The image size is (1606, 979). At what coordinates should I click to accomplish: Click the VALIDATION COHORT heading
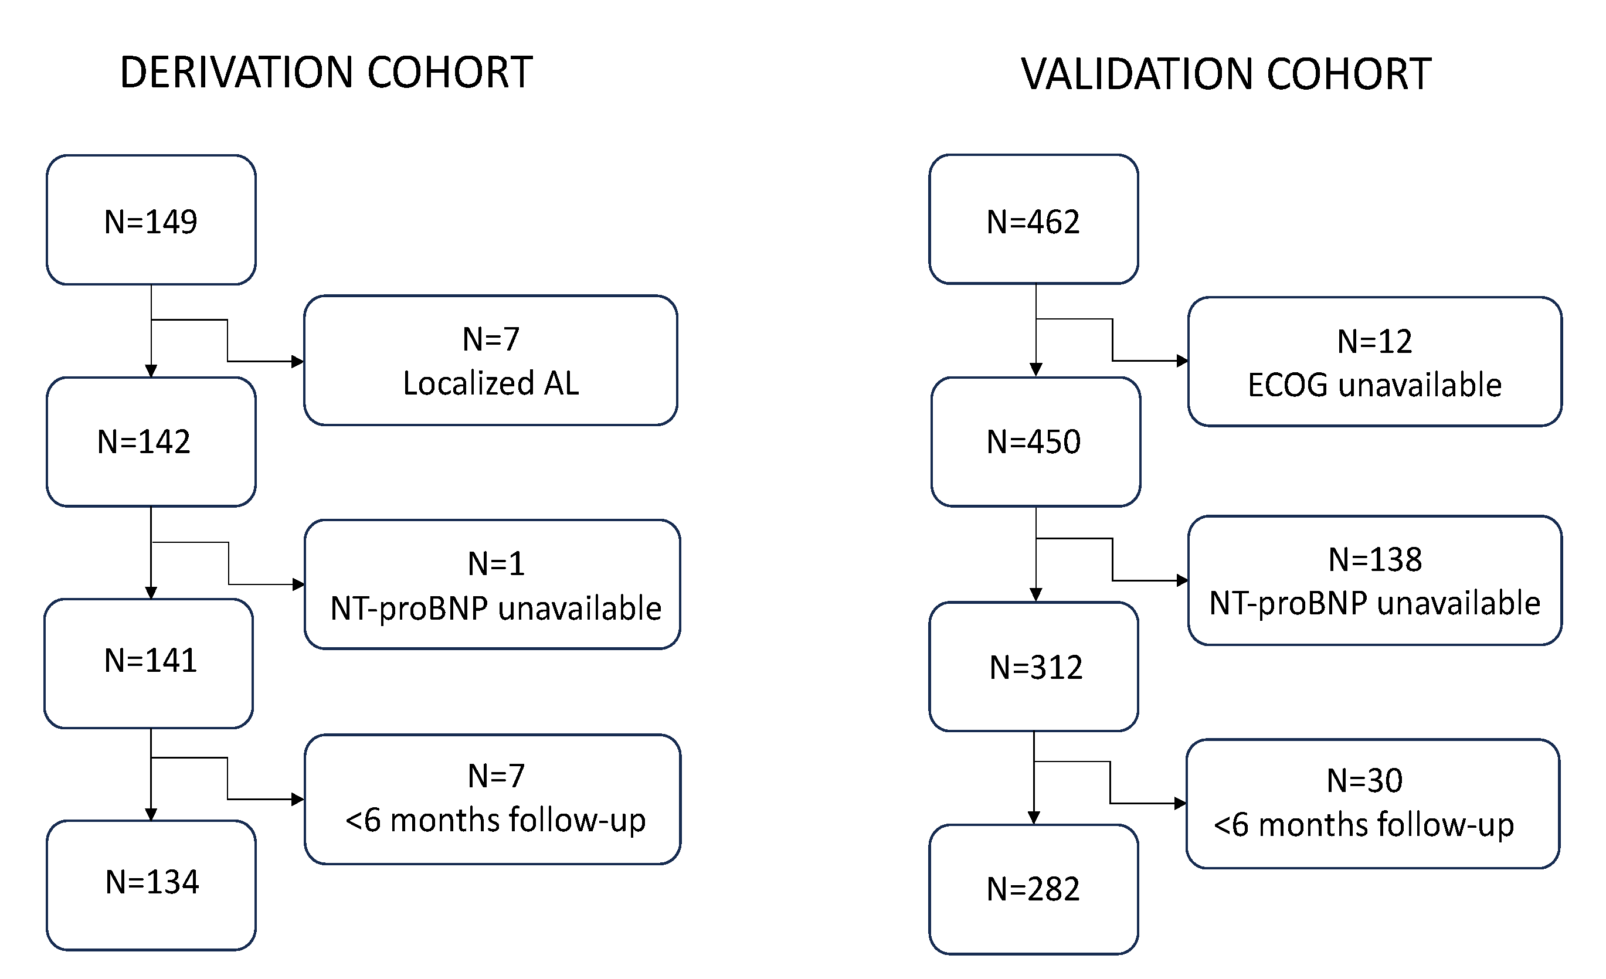[1225, 74]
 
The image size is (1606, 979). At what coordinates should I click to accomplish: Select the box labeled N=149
[151, 220]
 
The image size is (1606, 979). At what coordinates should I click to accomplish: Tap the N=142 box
[151, 441]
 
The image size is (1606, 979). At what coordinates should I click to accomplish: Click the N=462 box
[1033, 220]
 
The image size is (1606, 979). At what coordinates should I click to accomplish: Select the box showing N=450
[1035, 441]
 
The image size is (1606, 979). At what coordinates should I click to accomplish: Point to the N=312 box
[1034, 666]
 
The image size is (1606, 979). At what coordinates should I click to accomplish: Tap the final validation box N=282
[1033, 888]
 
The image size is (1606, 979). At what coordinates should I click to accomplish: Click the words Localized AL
[491, 383]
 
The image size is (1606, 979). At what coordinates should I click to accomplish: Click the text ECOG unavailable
[1374, 385]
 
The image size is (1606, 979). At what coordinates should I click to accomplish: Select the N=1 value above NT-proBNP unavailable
[495, 564]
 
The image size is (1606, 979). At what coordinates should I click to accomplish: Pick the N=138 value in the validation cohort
[1374, 559]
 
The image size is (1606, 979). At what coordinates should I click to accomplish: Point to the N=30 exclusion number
[1364, 780]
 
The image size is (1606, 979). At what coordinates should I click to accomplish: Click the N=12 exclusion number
[1374, 341]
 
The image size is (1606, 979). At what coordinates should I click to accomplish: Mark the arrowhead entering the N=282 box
[1034, 818]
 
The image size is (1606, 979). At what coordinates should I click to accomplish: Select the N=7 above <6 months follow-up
[495, 776]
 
